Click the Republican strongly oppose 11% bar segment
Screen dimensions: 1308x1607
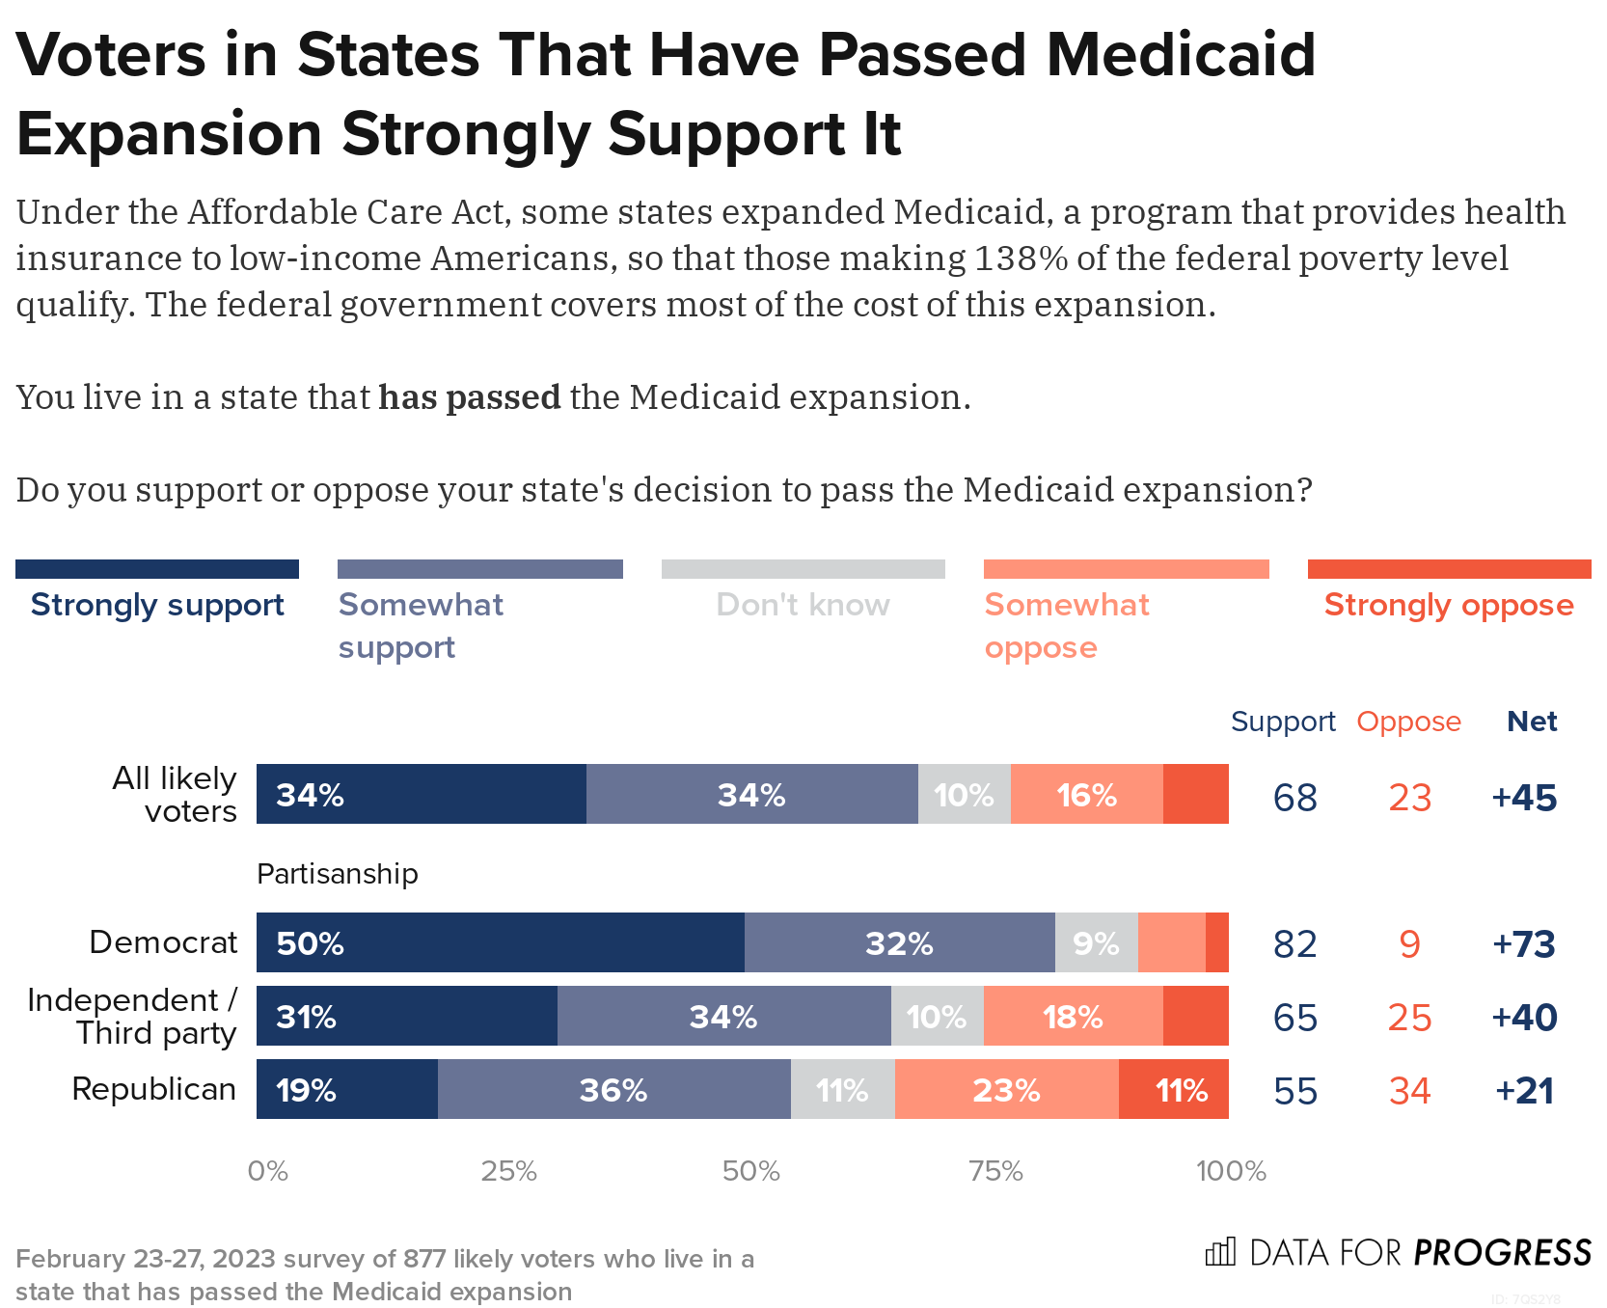[1174, 1090]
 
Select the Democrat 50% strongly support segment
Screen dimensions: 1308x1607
[500, 942]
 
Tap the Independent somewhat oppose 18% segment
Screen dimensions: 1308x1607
[1073, 1017]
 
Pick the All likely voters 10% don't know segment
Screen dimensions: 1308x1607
[964, 795]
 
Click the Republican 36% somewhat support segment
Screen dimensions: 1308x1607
[613, 1090]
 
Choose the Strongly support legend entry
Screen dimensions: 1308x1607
[157, 605]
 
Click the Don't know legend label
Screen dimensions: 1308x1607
[803, 605]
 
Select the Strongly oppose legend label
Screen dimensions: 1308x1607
[1448, 605]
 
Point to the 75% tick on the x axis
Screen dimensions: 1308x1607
[995, 1171]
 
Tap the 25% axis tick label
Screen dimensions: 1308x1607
[509, 1171]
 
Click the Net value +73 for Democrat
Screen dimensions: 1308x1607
[1524, 943]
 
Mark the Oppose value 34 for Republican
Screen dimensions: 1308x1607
[1409, 1091]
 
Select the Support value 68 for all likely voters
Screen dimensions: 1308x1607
[1294, 798]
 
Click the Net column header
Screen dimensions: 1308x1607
[1532, 722]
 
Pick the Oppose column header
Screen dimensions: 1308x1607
[1408, 722]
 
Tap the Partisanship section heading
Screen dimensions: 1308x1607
[337, 874]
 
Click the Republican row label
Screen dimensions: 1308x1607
[153, 1089]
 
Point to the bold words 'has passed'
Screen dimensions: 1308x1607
[469, 397]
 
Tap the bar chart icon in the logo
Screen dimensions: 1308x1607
[1220, 1252]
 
